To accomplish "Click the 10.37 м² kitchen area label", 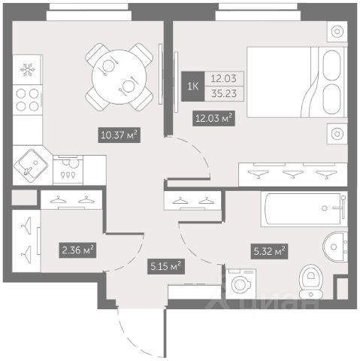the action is [119, 135].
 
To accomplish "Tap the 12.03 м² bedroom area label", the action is [213, 118].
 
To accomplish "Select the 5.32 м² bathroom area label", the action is [269, 251].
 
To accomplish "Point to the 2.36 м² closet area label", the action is [77, 250].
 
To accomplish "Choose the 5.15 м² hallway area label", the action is [166, 266].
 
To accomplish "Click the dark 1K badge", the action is [193, 86].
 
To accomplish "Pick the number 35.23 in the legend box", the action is [224, 93].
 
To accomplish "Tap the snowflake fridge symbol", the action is [28, 70].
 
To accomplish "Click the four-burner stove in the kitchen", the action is [28, 100].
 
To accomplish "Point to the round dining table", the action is [119, 77].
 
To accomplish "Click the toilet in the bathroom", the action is [311, 282].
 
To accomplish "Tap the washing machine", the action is [241, 284].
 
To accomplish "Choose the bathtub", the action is [304, 209].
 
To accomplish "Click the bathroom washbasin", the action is [335, 247].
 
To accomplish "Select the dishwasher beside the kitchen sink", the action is [68, 170].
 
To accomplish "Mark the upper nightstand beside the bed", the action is [337, 32].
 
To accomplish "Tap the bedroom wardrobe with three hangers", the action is [293, 174].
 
